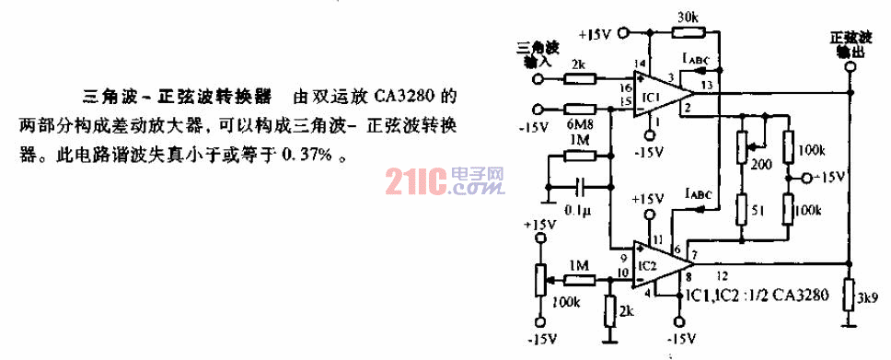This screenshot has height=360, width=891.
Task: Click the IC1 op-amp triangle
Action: pyautogui.click(x=663, y=96)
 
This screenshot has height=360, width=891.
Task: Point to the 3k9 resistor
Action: pyautogui.click(x=850, y=296)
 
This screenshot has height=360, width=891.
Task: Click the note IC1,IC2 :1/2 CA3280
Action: pyautogui.click(x=754, y=296)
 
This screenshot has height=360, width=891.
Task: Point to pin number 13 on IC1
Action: pyautogui.click(x=706, y=86)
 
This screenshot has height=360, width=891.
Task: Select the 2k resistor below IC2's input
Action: pyautogui.click(x=608, y=311)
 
